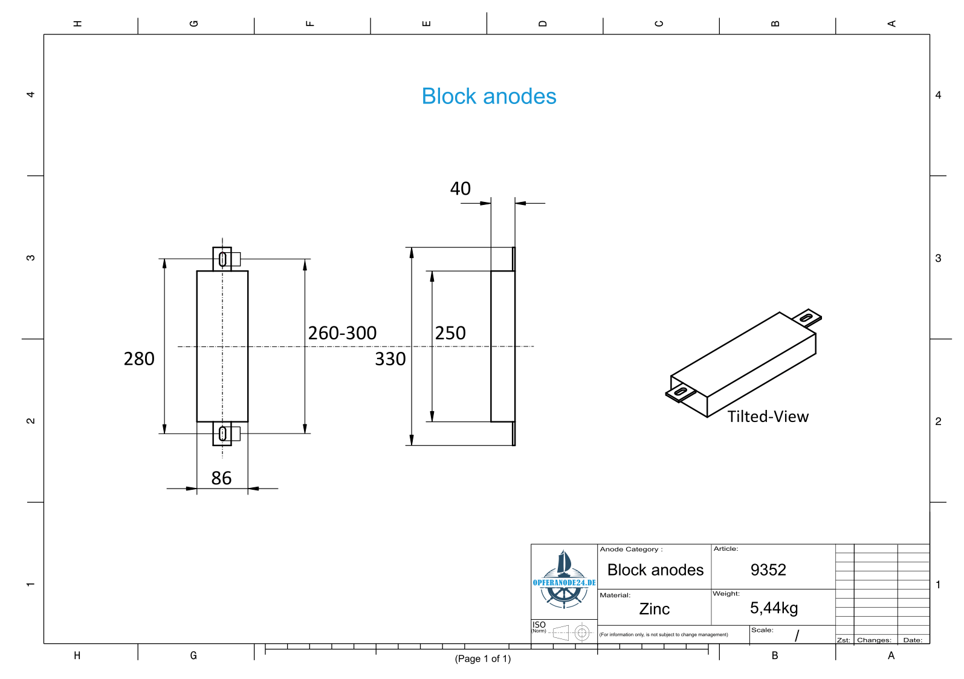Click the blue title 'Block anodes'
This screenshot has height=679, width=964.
(x=489, y=96)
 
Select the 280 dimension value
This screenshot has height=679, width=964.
(x=139, y=359)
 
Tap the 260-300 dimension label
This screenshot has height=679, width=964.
(x=342, y=333)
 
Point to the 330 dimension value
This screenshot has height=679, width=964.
(x=390, y=359)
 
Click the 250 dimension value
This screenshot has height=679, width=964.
(x=450, y=333)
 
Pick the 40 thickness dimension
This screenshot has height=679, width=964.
(x=461, y=189)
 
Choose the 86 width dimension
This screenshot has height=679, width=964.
(x=222, y=478)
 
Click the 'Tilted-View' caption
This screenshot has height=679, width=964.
(x=768, y=417)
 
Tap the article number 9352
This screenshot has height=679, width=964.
(x=768, y=570)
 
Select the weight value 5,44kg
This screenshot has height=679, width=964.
(x=774, y=608)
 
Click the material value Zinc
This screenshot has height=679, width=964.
(x=654, y=609)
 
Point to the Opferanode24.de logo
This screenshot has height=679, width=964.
(x=564, y=580)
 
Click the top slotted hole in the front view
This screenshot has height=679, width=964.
(x=222, y=259)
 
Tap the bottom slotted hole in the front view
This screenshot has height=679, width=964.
(x=222, y=434)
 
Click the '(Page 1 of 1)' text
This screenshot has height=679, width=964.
(x=483, y=659)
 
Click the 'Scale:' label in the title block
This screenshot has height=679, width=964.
(x=762, y=630)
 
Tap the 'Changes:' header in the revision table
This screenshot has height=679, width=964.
(x=874, y=640)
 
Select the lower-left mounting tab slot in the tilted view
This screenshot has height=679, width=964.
(x=681, y=391)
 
